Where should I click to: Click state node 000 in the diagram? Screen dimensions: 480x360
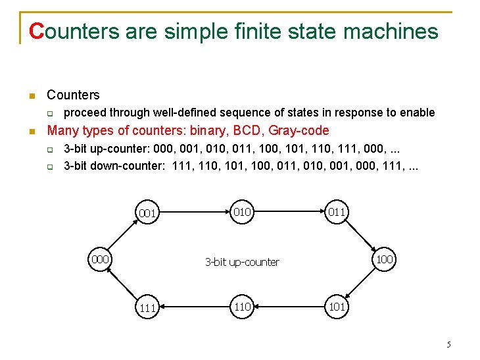coord(100,259)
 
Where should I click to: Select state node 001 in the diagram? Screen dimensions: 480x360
coord(147,213)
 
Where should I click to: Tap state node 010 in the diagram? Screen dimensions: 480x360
coord(243,211)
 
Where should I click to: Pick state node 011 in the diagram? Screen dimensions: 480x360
coord(337,211)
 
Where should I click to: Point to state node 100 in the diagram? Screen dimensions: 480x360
coord(385,259)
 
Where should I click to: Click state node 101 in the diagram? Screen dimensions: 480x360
coord(337,307)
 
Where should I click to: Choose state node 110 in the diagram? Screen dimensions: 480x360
coord(243,307)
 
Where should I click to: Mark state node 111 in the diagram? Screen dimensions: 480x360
coord(147,308)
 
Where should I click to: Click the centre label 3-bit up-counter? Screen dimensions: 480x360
coord(242,262)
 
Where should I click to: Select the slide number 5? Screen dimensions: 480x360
coord(448,344)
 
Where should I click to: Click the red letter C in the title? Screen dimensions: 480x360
coord(37,31)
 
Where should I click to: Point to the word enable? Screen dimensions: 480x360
coord(418,113)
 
